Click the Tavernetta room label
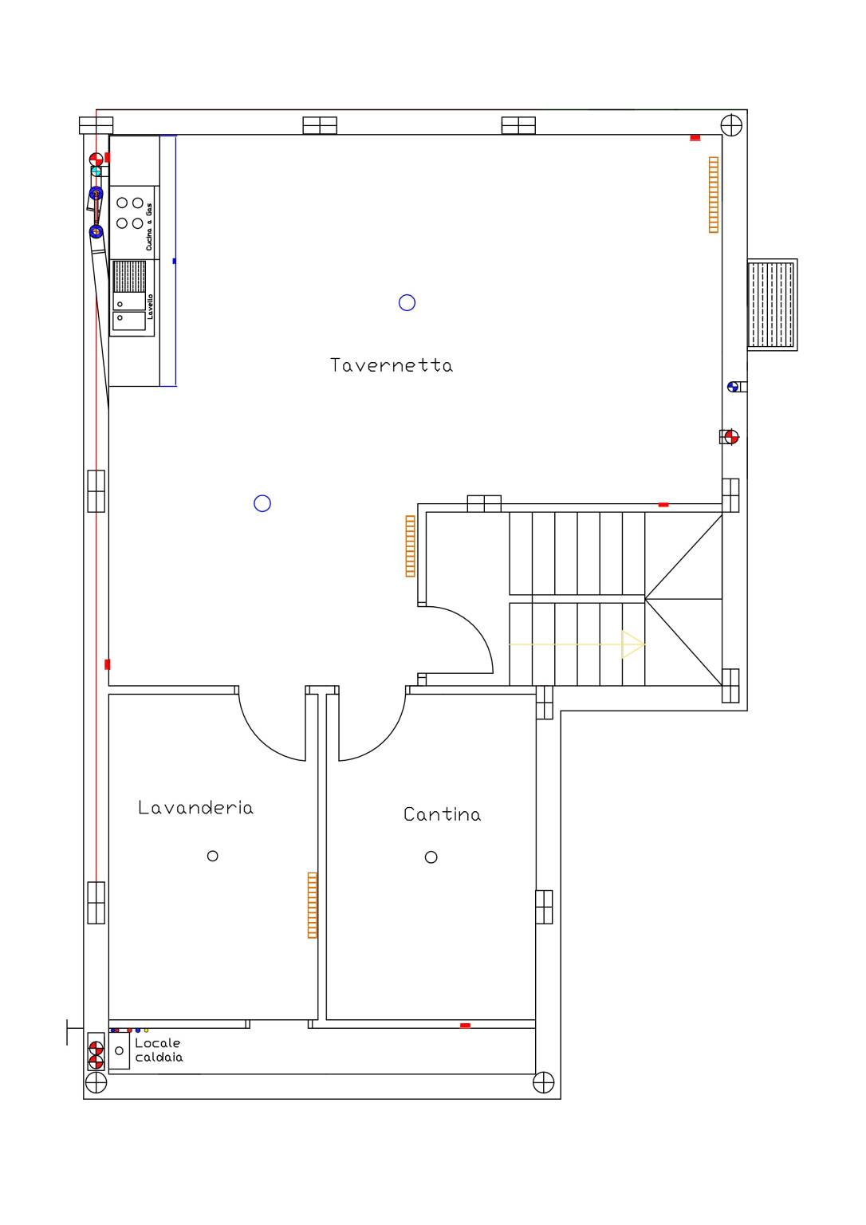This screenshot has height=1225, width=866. pos(392,365)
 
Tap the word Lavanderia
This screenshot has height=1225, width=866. pos(195,807)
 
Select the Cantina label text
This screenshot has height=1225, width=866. pos(443,814)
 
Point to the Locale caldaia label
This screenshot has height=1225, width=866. pos(159,1050)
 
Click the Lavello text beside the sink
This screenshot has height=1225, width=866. pos(151,307)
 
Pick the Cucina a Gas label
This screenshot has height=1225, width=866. pos(149,227)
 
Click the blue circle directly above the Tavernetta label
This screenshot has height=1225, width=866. pos(407,302)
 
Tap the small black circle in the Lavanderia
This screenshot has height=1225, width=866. pos(213,856)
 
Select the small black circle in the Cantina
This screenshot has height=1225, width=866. pos(431,857)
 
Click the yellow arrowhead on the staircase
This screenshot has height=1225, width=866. pos(633,644)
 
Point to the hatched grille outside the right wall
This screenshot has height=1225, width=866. pos(772,305)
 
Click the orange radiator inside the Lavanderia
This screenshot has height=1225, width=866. pos(313,905)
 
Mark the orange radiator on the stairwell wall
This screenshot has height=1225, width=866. pos(410,546)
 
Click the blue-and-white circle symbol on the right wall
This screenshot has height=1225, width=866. pos(733,387)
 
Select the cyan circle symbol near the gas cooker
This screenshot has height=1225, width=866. pos(96,171)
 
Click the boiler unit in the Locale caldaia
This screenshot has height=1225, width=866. pos(119,1050)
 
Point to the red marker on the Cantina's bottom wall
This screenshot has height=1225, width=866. pos(465,1026)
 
